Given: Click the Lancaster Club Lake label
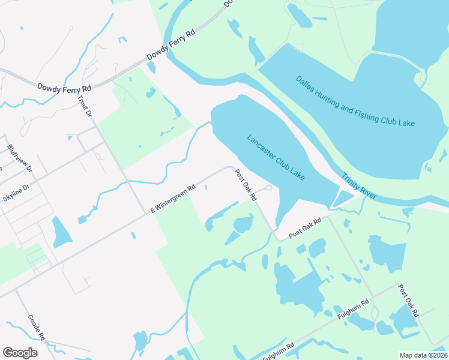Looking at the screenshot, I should click(276, 158).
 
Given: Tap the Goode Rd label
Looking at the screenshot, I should click(37, 328).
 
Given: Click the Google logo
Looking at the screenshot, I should click(20, 353).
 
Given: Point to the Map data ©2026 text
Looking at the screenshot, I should click(423, 355).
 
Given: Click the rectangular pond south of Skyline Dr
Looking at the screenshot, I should click(61, 232).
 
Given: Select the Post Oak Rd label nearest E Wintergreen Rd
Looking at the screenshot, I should click(246, 184).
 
